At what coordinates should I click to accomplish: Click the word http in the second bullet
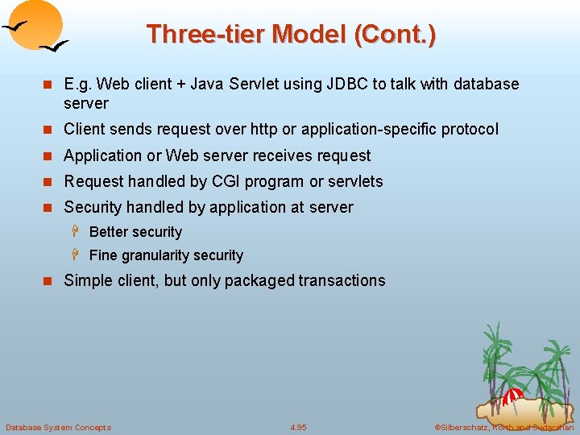(x=266, y=129)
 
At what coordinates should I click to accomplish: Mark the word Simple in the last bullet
(x=87, y=280)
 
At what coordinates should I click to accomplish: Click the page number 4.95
(x=298, y=427)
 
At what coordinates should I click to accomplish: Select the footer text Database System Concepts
(x=58, y=427)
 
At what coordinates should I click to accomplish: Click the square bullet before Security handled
(x=48, y=208)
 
